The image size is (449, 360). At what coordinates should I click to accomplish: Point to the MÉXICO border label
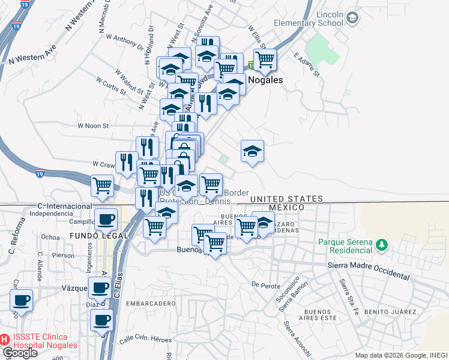pos(286,207)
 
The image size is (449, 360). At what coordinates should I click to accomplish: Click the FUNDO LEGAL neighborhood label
pos(99,236)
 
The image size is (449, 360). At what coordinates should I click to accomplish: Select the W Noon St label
pos(93,126)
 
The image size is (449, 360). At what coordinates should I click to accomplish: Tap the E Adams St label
pos(306,63)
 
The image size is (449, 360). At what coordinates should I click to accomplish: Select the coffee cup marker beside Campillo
pos(106,220)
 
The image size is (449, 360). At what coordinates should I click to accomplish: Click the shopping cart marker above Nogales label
pos(264,60)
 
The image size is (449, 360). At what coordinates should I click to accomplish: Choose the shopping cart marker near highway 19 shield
pos(103,185)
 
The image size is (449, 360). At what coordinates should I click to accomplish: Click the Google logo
pos(19,353)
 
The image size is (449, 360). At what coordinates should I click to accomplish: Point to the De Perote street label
pos(263,284)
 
